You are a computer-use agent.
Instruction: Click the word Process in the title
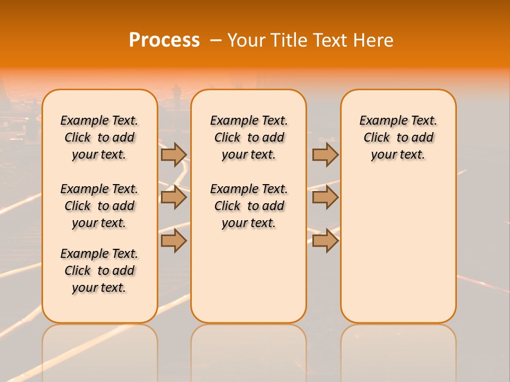coord(164,40)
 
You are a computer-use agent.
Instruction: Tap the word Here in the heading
coord(375,40)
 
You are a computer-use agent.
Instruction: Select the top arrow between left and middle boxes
coord(174,154)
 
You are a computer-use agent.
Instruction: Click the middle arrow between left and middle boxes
coord(174,197)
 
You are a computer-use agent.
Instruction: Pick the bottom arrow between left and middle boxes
coord(174,240)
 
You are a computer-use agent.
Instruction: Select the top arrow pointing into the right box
coord(325,154)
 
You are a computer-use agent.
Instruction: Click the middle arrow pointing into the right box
coord(325,197)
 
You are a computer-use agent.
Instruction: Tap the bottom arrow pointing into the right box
coord(325,240)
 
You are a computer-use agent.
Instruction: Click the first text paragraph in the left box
coord(99,137)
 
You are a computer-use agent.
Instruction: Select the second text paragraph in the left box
coord(99,206)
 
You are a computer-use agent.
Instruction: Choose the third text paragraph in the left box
coord(99,271)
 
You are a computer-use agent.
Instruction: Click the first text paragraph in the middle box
coord(249,137)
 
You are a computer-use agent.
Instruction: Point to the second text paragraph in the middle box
coord(249,206)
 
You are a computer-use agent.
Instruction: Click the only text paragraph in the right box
coord(398,137)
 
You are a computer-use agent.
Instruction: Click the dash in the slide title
coord(216,40)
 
